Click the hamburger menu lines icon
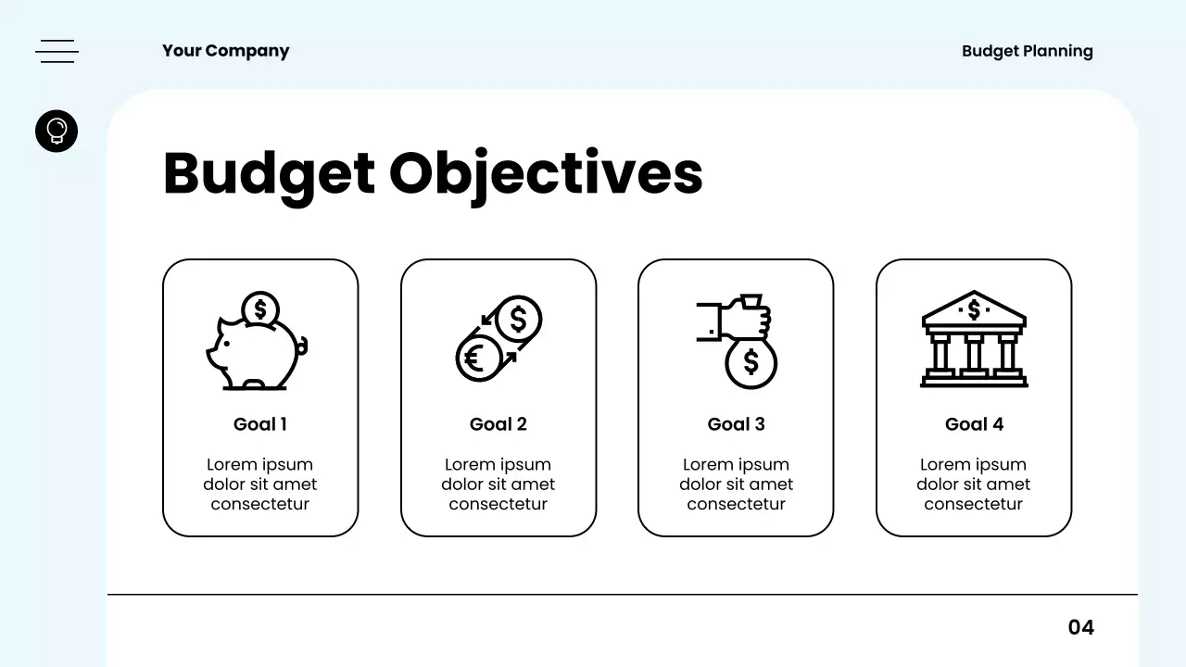[x=57, y=51]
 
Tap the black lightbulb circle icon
[x=57, y=131]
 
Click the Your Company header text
[x=225, y=51]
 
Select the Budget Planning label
[x=1027, y=51]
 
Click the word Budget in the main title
[x=269, y=173]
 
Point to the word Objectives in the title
[x=546, y=173]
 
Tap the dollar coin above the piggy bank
[x=260, y=308]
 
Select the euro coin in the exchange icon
[x=477, y=358]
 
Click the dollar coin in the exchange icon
[x=518, y=319]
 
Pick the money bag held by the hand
[x=751, y=361]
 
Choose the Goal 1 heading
[x=260, y=424]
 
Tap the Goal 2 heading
[x=498, y=424]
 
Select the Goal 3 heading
[x=736, y=424]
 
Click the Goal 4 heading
[x=974, y=424]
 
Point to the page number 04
[x=1080, y=627]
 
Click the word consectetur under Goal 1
[x=260, y=504]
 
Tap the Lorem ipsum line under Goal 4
[x=974, y=464]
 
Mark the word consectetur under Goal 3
[x=736, y=504]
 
